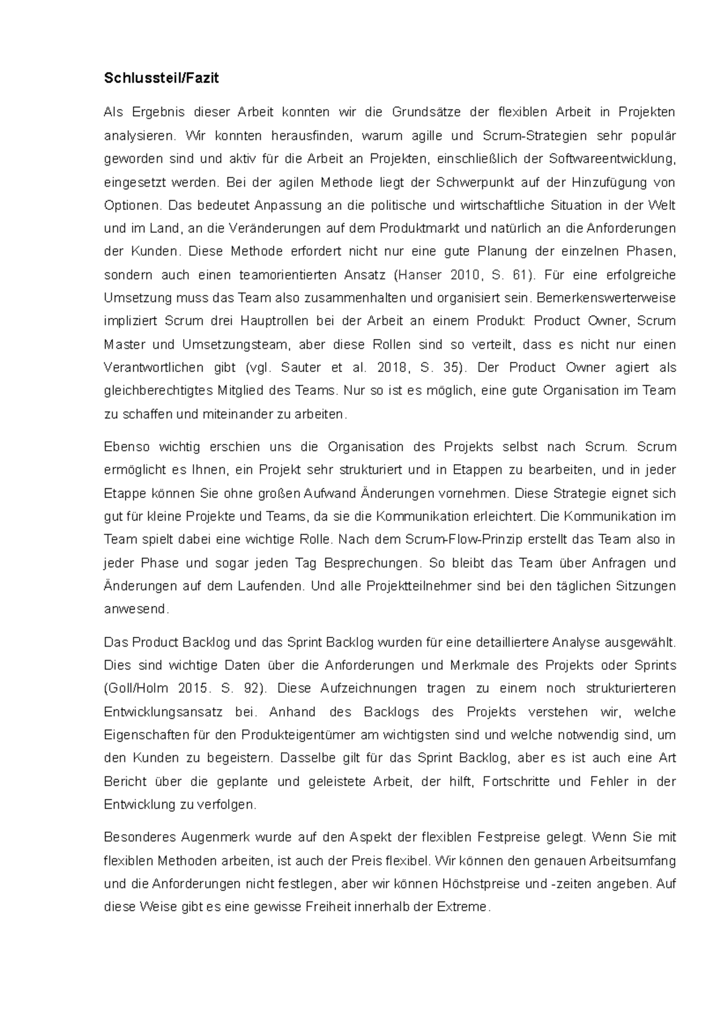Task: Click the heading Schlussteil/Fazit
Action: (x=161, y=78)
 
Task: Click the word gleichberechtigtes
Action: (x=159, y=391)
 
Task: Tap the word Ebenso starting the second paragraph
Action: (x=126, y=447)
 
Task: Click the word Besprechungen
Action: (x=371, y=563)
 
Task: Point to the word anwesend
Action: (x=136, y=610)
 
